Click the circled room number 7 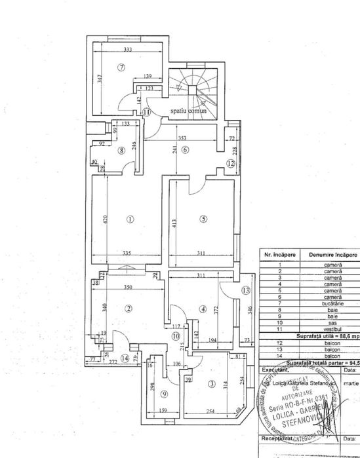(121, 67)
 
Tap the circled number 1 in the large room (130, 219)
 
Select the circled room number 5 (203, 219)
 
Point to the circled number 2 (129, 309)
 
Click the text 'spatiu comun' (188, 111)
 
